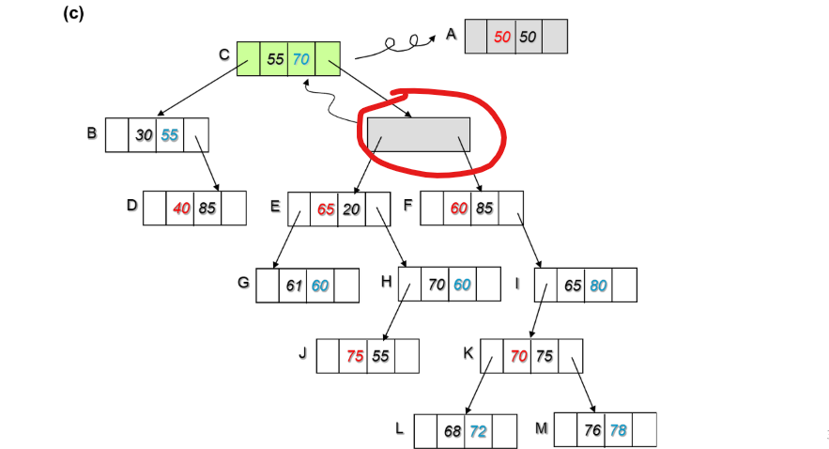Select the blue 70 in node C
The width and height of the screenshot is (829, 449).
tap(300, 59)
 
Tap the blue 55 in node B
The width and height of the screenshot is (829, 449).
tap(169, 135)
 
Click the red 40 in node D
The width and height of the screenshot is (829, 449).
tap(181, 209)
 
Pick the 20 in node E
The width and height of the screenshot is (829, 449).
tap(351, 209)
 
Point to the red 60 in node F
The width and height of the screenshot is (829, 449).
tap(459, 209)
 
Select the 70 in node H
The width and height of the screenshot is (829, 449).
tap(437, 285)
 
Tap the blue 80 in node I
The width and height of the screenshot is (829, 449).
tap(598, 285)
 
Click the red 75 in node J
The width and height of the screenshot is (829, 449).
tap(355, 356)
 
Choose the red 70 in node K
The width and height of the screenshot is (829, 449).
tap(518, 356)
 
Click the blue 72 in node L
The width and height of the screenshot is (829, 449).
tap(478, 430)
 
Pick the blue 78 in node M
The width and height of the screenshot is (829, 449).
tap(618, 429)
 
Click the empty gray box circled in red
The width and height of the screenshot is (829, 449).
tap(418, 133)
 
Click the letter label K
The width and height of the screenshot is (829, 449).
tap(468, 353)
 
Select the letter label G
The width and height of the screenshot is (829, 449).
tap(242, 282)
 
